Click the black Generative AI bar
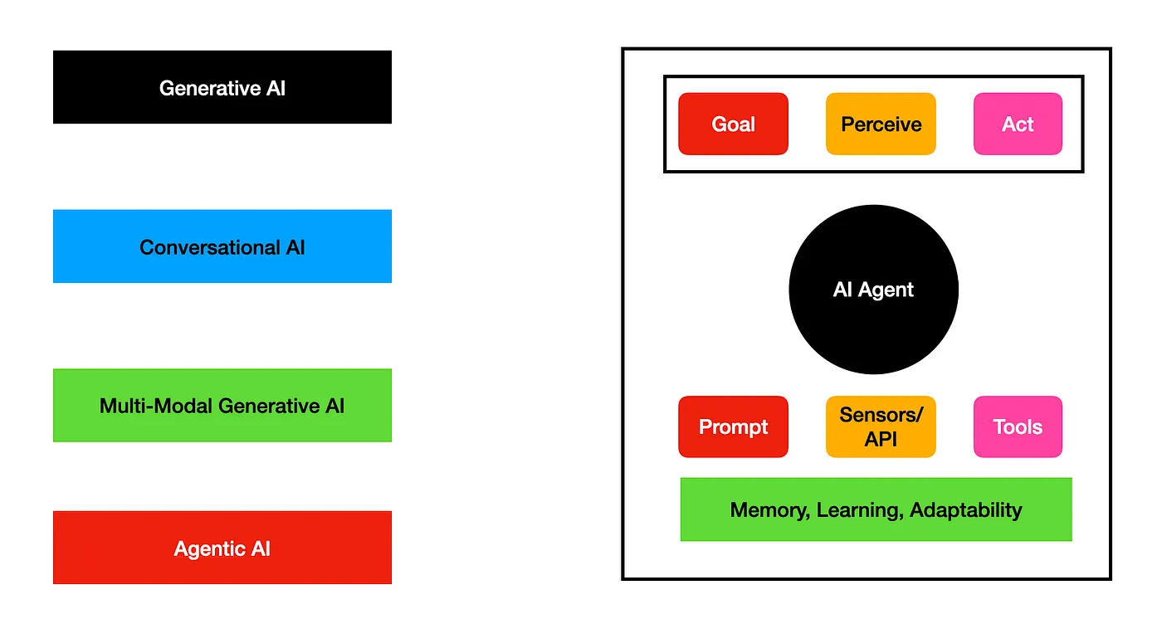(x=222, y=87)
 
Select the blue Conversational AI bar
(x=222, y=246)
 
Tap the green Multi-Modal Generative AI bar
(x=222, y=406)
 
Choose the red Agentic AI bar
(x=222, y=548)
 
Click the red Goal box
(x=733, y=124)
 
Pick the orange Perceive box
(x=881, y=124)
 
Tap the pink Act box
(x=1018, y=124)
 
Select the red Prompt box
(x=733, y=426)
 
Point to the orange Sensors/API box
(x=881, y=426)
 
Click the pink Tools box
(x=1018, y=426)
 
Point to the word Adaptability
(x=965, y=509)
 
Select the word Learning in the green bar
(x=859, y=509)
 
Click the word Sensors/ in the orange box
(x=881, y=415)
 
